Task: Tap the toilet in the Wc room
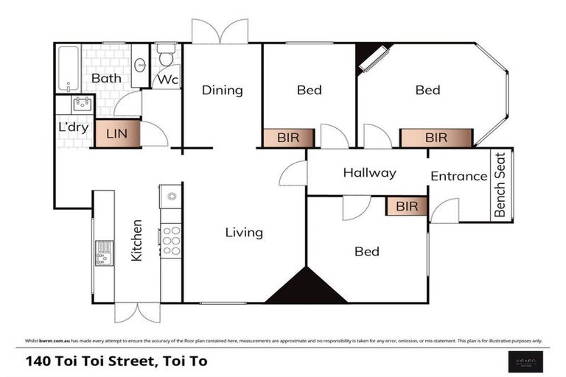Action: coord(166,55)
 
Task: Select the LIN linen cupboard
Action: coord(117,134)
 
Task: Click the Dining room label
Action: coord(222,91)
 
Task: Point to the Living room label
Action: coord(244,233)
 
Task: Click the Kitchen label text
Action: coord(136,242)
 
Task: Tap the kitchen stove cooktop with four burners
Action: coord(170,240)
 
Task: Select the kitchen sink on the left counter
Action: coord(104,252)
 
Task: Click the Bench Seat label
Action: coord(501,185)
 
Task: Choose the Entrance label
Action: coord(459,176)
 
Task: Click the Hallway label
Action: coord(369,173)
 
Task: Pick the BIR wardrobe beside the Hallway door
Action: coord(407,206)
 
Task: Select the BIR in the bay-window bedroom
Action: coord(436,138)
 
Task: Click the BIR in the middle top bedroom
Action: coord(289,138)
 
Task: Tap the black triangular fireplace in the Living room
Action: coord(306,287)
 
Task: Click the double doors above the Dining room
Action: coord(220,32)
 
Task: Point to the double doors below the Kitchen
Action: coord(137,312)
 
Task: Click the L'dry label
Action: coord(73,127)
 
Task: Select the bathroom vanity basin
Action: coord(140,64)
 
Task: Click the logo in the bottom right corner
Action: coord(524,361)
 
